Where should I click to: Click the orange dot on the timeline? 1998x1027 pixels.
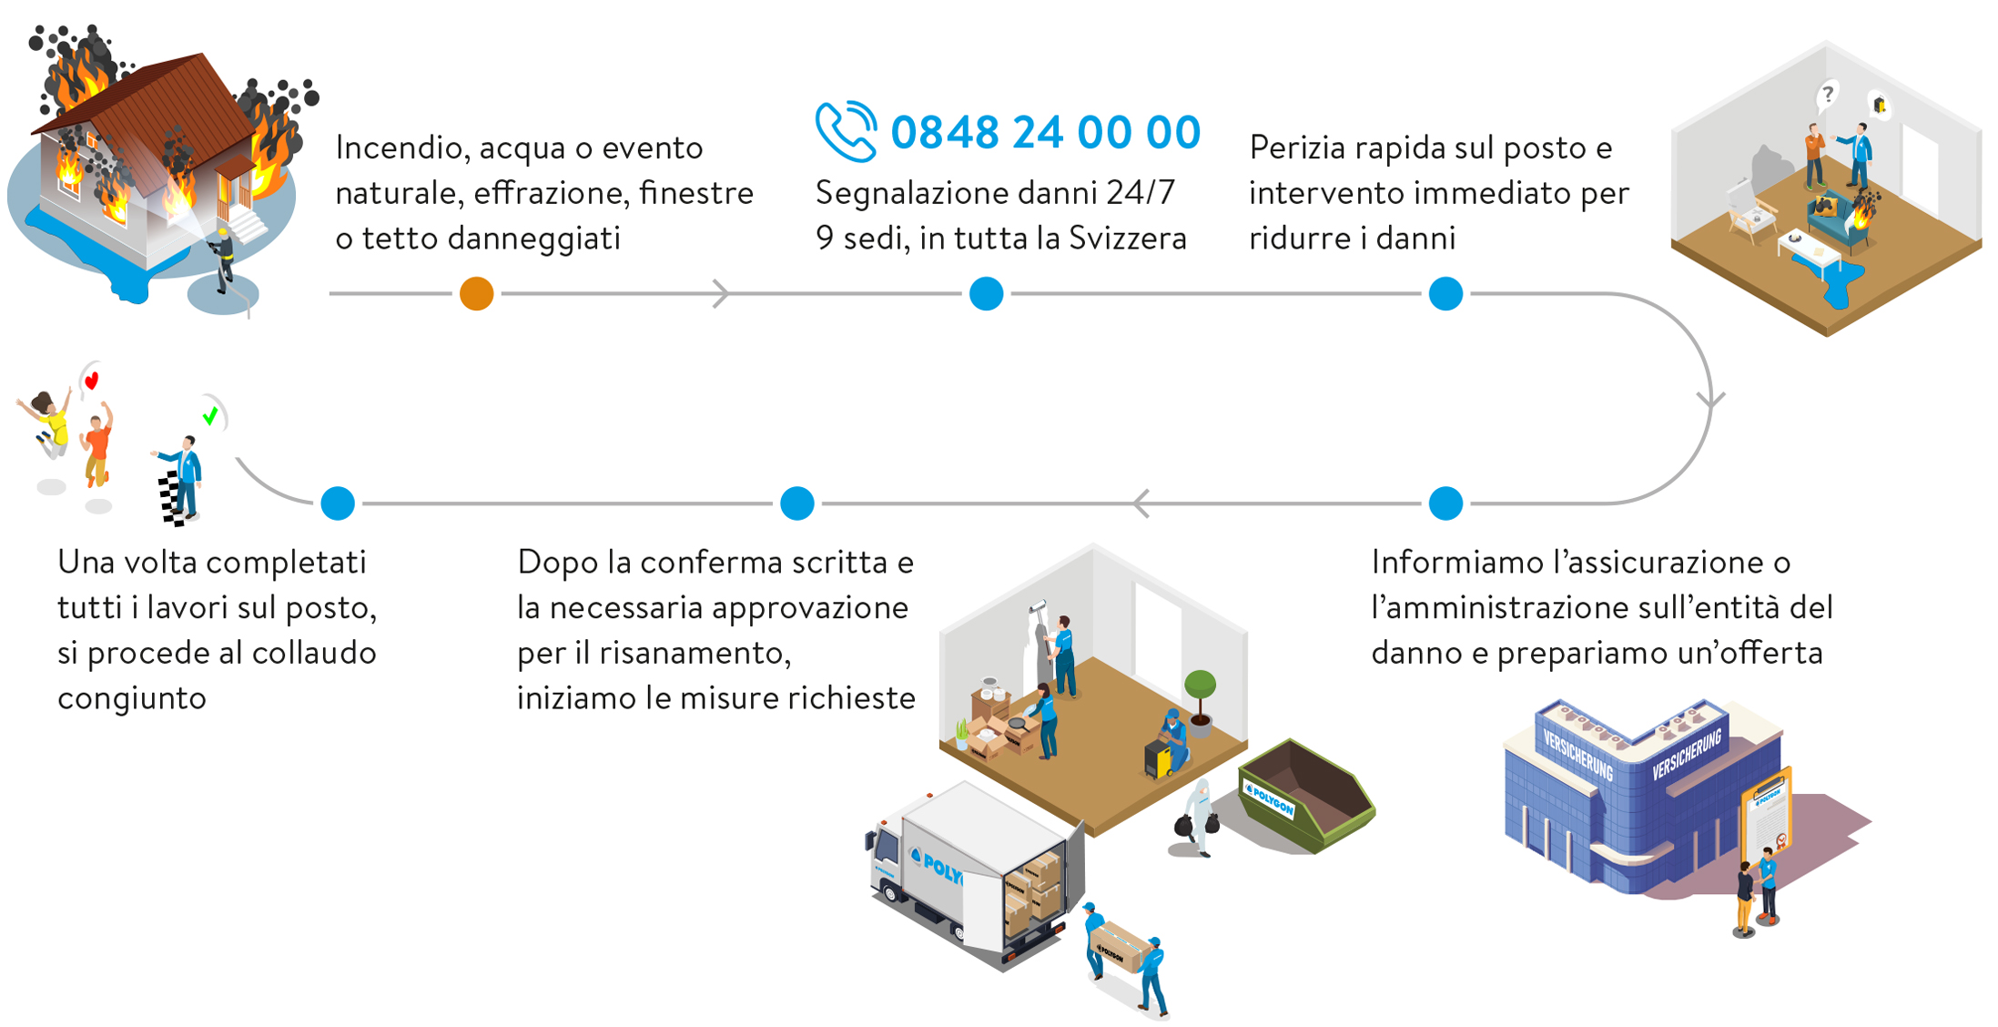[x=476, y=294]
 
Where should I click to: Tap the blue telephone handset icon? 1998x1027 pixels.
[x=846, y=132]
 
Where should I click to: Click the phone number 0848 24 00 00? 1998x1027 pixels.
[x=1046, y=133]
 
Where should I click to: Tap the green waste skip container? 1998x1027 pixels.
[x=1307, y=795]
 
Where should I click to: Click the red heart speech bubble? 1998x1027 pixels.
[x=90, y=379]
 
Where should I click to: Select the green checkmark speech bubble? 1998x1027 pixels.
[x=213, y=415]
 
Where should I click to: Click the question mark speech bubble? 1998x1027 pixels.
[x=1826, y=95]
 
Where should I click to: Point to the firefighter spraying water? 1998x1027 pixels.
[x=222, y=260]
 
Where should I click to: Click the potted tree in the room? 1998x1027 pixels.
[x=1200, y=702]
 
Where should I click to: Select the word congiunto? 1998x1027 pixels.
[x=132, y=698]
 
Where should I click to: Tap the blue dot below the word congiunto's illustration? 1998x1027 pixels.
[x=338, y=503]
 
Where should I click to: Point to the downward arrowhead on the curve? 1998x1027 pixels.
[x=1711, y=399]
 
